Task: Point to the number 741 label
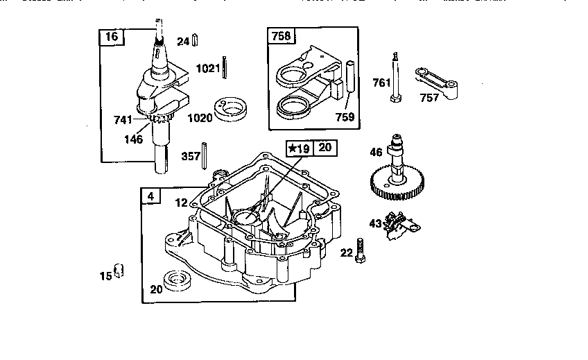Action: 123,120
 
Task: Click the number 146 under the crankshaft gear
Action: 133,139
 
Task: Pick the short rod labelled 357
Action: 205,153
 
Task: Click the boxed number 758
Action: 281,36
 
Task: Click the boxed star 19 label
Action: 300,147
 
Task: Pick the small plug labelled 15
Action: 119,270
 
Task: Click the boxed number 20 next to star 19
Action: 325,147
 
